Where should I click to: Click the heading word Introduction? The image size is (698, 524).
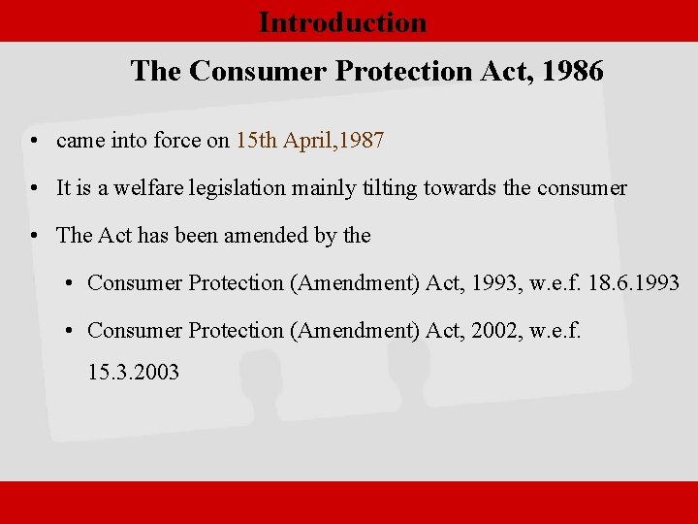point(342,22)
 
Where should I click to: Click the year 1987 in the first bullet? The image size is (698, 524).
point(364,141)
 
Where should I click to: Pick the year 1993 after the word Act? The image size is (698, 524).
point(490,283)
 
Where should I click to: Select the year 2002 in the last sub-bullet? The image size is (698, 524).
point(490,331)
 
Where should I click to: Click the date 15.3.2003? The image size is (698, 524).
point(134,372)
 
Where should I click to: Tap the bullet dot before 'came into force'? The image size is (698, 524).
point(34,142)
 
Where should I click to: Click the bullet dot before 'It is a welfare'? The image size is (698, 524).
point(34,189)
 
